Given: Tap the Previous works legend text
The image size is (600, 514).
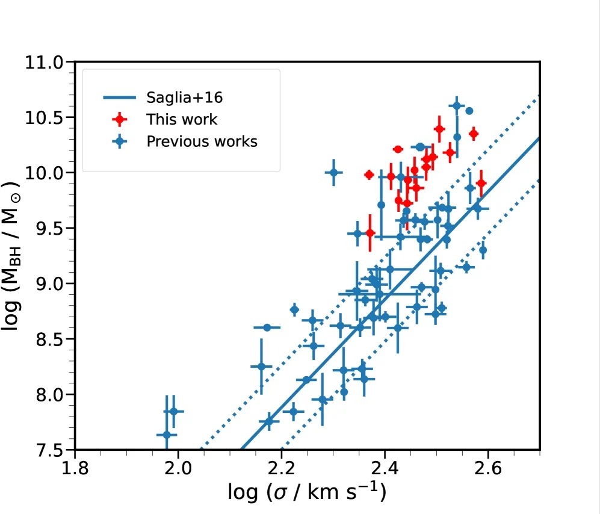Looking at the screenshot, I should pyautogui.click(x=202, y=141).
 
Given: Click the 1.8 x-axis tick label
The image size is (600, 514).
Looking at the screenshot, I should pyautogui.click(x=75, y=466).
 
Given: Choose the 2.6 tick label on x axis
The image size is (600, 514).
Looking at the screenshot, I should pyautogui.click(x=488, y=466).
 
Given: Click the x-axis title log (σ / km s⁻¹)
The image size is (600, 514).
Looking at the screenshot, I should pyautogui.click(x=307, y=492).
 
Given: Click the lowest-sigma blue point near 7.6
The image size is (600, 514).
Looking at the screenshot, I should pyautogui.click(x=167, y=435).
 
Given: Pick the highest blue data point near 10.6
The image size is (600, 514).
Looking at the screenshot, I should pyautogui.click(x=457, y=107).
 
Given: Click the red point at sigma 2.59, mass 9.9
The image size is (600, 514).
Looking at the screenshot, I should pyautogui.click(x=480, y=183).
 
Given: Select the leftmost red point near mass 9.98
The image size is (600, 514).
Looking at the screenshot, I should pyautogui.click(x=369, y=175).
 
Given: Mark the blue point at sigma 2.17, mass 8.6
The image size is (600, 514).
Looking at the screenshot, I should pyautogui.click(x=267, y=327).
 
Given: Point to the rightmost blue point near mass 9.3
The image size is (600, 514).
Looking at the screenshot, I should pyautogui.click(x=483, y=250).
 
